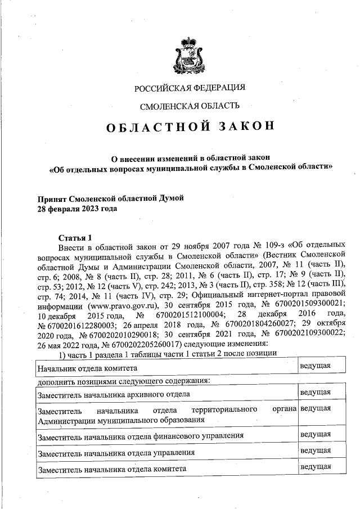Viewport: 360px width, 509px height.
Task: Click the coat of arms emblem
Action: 190,54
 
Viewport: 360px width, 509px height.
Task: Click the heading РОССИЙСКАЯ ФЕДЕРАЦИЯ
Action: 190,87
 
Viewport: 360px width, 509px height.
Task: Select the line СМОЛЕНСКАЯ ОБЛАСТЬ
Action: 190,105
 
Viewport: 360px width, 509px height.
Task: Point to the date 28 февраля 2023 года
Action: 77,208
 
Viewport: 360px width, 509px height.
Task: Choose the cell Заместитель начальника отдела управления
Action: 116,452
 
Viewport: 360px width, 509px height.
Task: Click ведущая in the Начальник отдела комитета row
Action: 315,366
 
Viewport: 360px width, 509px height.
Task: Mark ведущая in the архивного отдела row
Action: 315,392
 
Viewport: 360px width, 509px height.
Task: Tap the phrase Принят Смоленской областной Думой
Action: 110,199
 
